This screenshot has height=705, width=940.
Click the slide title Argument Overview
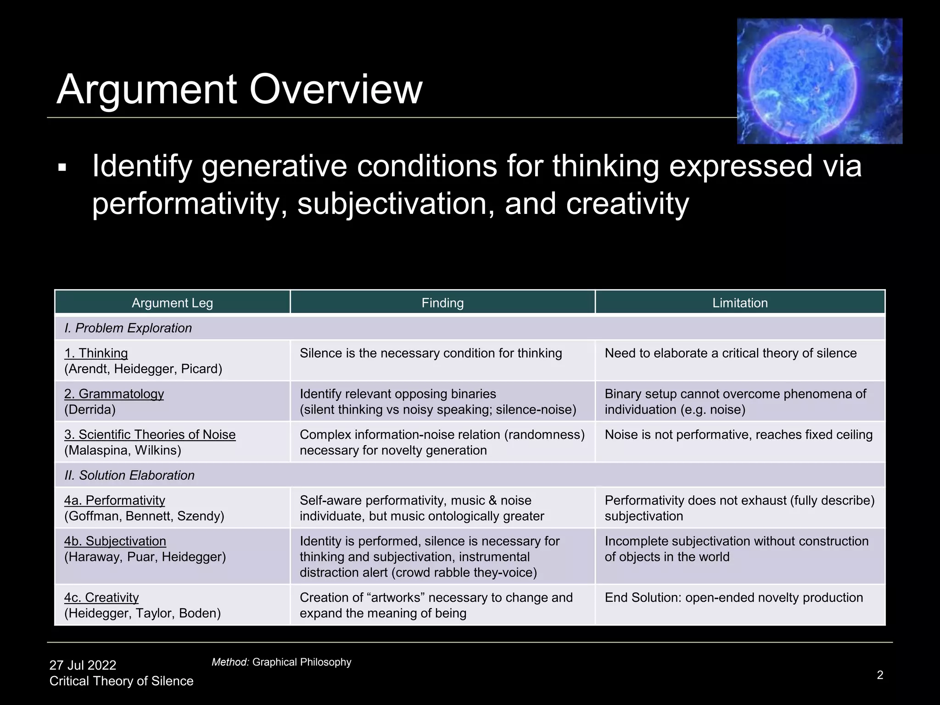point(239,89)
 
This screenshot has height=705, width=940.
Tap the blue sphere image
point(819,81)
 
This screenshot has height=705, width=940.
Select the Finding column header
point(442,303)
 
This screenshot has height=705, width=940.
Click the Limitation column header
point(740,303)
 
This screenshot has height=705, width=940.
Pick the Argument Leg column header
point(172,303)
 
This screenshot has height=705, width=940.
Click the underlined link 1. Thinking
point(96,353)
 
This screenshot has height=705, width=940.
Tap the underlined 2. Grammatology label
point(114,394)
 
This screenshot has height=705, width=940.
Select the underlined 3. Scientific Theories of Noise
point(150,434)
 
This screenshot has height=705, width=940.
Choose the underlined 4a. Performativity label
point(114,500)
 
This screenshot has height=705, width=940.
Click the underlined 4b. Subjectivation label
point(115,541)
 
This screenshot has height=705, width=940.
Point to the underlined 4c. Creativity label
point(101,598)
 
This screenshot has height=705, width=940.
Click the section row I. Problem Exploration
point(128,328)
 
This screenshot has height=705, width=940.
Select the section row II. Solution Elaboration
point(129,475)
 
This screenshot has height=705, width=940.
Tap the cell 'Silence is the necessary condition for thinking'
point(431,353)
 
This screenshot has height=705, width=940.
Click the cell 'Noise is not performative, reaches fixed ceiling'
point(739,435)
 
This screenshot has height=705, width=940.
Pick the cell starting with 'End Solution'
point(733,598)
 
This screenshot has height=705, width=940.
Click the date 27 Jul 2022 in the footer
point(83,665)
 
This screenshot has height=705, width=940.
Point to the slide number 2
point(880,675)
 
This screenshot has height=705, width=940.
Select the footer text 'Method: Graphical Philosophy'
point(281,662)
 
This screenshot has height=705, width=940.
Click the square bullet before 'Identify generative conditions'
point(62,168)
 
